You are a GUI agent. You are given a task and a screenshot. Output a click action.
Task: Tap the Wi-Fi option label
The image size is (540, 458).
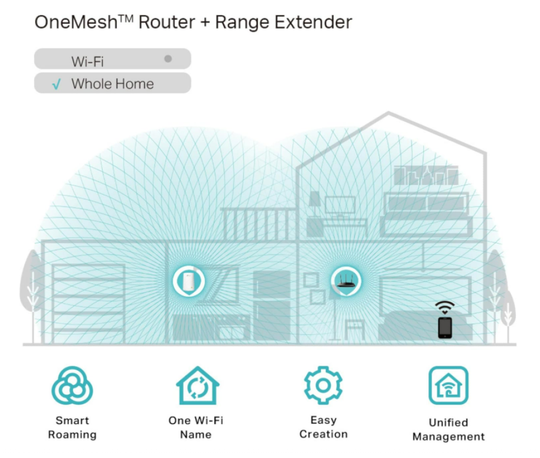87,61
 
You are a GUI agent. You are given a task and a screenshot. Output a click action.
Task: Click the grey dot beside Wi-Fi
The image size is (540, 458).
168,59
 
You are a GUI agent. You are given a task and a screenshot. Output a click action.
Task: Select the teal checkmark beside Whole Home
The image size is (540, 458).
56,84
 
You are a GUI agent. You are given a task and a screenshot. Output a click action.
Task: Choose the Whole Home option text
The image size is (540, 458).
113,84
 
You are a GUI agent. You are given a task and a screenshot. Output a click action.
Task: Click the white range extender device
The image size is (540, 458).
188,281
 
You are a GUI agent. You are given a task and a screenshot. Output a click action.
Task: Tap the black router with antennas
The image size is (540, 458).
346,281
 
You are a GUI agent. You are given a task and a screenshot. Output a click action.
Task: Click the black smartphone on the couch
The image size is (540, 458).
445,327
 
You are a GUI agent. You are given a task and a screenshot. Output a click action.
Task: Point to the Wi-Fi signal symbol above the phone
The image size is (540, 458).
444,307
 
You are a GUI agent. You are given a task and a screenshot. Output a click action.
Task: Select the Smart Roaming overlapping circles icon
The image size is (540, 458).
72,385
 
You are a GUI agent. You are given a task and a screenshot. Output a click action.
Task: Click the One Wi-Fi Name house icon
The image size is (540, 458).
198,385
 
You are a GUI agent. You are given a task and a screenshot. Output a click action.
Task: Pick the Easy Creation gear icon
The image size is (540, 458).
323,385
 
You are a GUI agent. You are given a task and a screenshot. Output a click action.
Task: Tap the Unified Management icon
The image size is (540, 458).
448,385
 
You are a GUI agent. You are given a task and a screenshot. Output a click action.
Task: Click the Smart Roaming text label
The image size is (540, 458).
72,427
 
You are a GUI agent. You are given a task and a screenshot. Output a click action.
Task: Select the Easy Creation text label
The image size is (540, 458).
323,427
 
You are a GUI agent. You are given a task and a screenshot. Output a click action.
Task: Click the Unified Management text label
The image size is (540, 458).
448,429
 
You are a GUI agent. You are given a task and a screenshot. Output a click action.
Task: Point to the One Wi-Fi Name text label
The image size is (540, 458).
196,427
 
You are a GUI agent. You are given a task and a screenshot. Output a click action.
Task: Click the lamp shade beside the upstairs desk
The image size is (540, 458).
315,199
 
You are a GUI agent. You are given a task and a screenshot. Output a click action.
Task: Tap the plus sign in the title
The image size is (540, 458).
205,23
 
